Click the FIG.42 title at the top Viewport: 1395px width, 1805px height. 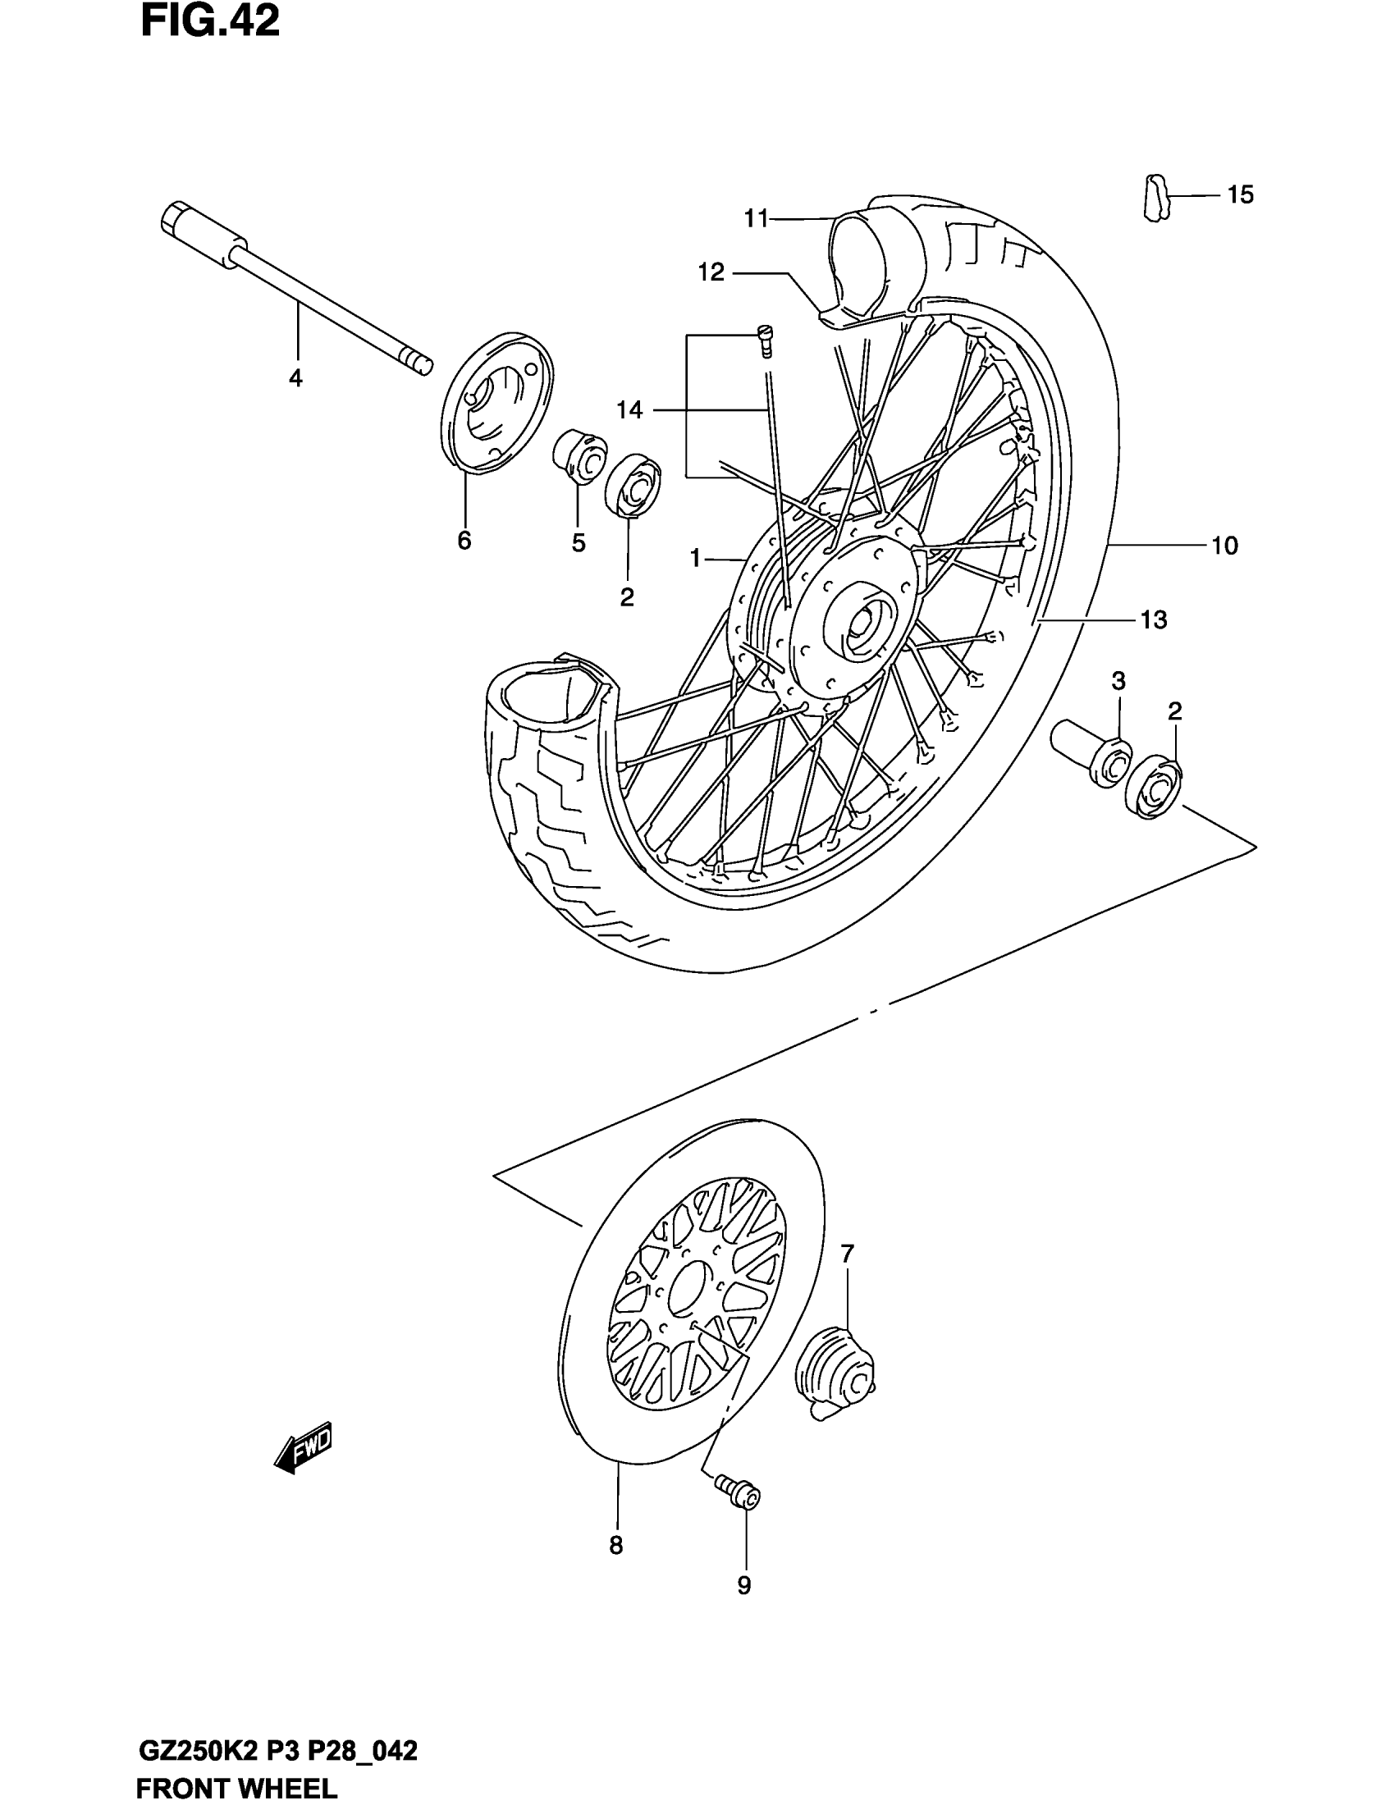click(210, 22)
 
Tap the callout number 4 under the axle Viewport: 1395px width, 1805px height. click(295, 378)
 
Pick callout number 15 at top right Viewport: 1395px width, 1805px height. click(1240, 195)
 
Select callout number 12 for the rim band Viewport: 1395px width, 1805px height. click(711, 272)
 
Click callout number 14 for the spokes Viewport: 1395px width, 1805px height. click(629, 409)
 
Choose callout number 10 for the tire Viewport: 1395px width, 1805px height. click(1225, 546)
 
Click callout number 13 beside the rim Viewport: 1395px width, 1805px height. click(1154, 619)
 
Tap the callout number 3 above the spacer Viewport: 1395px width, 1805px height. click(1118, 681)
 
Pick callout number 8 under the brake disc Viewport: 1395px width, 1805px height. click(615, 1546)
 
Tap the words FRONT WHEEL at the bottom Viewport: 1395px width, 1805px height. click(236, 1790)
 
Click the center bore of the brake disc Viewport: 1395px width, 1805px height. click(688, 1287)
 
